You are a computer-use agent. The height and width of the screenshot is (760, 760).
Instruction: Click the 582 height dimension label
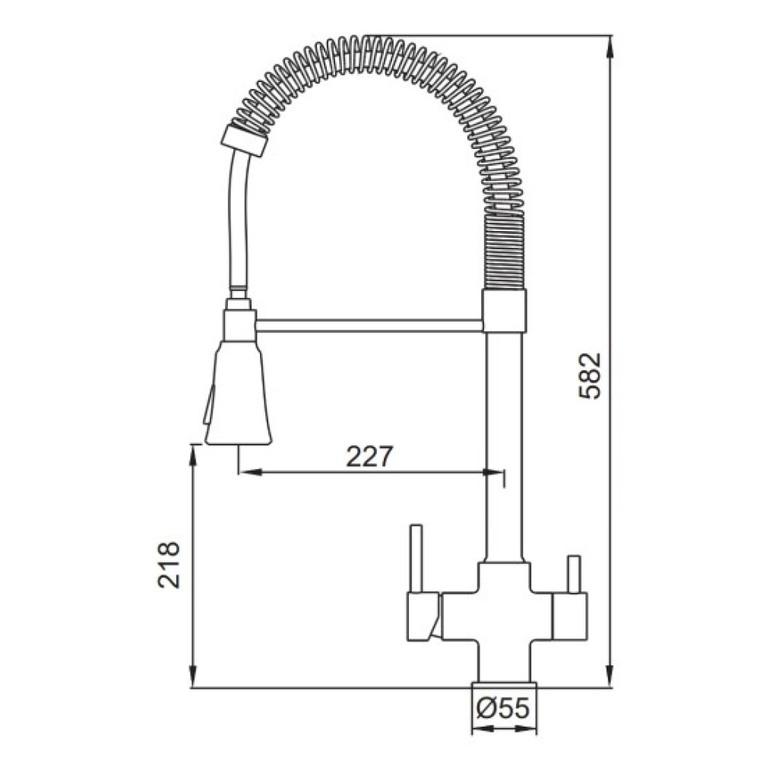coord(590,375)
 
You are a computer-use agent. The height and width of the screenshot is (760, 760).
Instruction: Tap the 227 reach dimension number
coord(369,456)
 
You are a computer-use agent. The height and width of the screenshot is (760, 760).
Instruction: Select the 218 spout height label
coord(169,565)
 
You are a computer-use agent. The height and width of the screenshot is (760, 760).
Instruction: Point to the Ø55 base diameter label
coord(503,709)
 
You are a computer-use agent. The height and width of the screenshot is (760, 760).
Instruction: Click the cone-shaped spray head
coord(238,392)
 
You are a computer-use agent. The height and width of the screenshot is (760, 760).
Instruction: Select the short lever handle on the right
coord(574,575)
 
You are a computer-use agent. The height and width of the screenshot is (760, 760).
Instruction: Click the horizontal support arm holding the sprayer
coord(369,325)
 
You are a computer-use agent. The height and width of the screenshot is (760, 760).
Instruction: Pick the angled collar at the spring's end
coord(244,141)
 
